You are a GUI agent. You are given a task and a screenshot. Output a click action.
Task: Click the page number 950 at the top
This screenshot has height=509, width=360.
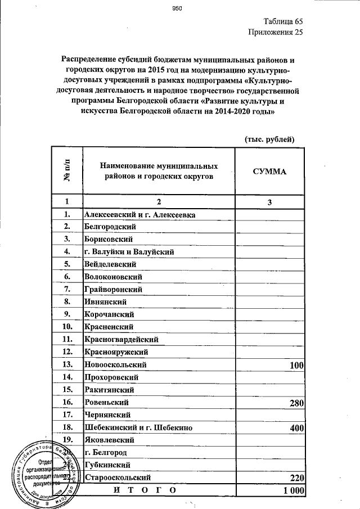tap(178, 8)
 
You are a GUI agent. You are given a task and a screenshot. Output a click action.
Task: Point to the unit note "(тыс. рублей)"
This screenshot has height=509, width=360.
tap(269, 139)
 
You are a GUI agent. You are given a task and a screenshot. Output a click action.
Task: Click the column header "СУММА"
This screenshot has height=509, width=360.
tap(269, 172)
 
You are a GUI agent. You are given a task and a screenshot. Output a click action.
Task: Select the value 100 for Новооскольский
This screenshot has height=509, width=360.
tap(296, 366)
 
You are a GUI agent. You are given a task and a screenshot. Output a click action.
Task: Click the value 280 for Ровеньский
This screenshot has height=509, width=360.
tap(296, 403)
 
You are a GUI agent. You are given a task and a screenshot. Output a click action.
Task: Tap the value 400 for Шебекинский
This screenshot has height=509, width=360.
tap(296, 428)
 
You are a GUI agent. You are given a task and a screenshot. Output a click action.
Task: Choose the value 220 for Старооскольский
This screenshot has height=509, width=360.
tap(296, 478)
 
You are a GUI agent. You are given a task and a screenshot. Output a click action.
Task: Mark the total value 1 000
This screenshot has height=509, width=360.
tap(293, 490)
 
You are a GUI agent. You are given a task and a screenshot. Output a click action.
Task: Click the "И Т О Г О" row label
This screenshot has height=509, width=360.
tap(145, 490)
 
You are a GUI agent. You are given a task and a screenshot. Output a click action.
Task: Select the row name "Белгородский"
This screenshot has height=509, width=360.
tap(111, 227)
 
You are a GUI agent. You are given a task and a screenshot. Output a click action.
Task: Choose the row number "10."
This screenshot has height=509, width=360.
tap(67, 326)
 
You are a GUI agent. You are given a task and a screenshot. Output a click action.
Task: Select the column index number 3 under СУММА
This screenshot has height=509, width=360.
tap(269, 202)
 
